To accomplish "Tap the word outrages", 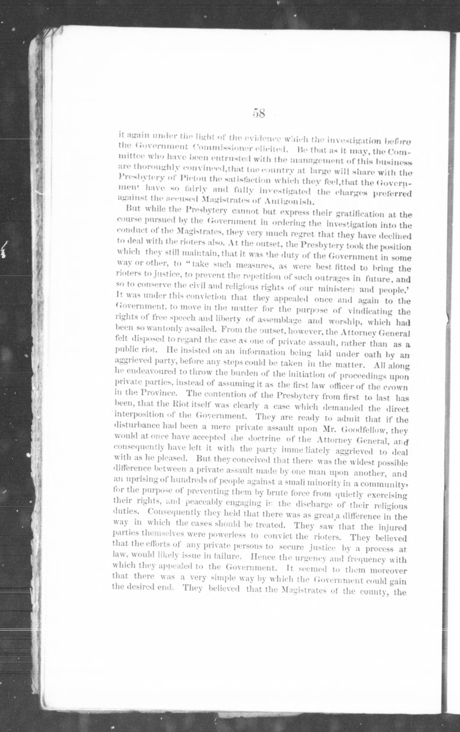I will click(320, 278).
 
